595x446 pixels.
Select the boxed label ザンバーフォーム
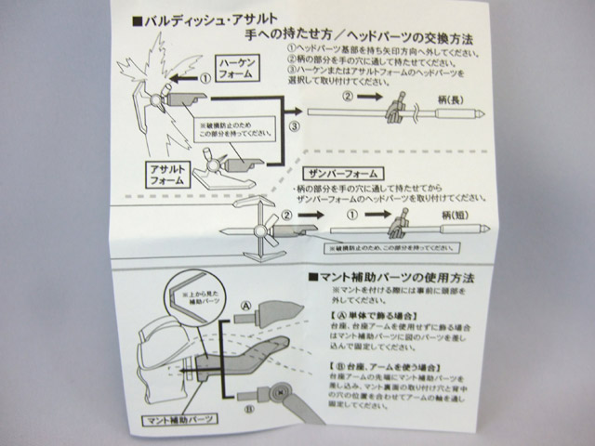[338, 174]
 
